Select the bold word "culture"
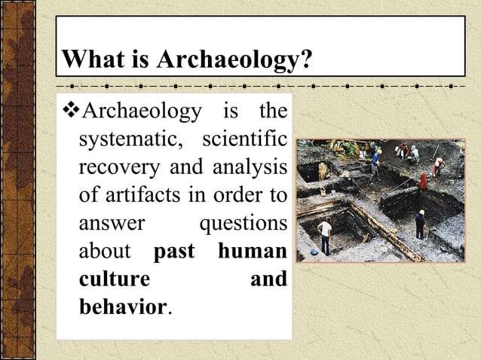pos(114,279)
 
